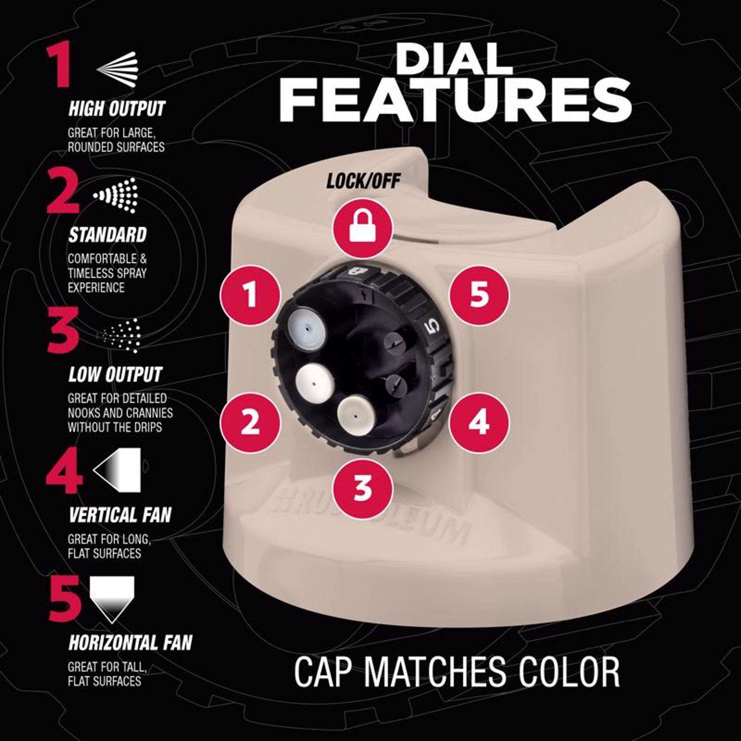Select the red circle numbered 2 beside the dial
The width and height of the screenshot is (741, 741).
tap(250, 422)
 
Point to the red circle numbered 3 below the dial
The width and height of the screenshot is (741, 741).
tap(363, 487)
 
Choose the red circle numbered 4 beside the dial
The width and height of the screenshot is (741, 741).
tap(479, 422)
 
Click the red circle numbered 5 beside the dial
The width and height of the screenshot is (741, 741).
tap(479, 295)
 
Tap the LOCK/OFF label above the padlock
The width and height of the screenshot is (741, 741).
tap(363, 182)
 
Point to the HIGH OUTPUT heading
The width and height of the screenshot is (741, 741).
tap(116, 109)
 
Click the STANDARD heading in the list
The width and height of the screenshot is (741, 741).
tap(107, 235)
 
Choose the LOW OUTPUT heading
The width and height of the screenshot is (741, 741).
tap(115, 374)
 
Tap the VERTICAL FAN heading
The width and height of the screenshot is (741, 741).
tap(120, 515)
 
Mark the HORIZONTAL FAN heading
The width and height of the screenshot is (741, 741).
tap(130, 642)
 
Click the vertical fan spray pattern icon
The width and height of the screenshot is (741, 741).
tap(117, 469)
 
